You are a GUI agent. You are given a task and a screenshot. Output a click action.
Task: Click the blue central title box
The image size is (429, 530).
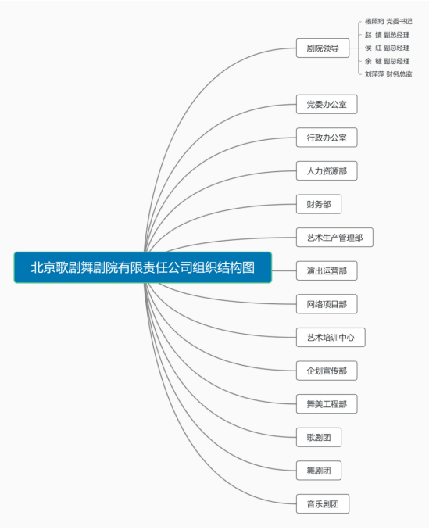coord(142,267)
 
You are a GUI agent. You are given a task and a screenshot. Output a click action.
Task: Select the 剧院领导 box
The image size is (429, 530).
coord(323,48)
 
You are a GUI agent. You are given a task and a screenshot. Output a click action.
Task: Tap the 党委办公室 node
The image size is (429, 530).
coord(327,104)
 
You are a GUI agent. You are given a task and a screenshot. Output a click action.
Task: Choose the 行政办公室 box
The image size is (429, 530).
coord(327,138)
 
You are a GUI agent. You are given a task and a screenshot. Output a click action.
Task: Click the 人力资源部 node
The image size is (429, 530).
coord(327,170)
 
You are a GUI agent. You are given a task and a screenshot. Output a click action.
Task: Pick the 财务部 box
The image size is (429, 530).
coord(319,204)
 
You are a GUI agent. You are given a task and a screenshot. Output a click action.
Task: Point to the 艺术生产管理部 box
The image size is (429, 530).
coord(334,238)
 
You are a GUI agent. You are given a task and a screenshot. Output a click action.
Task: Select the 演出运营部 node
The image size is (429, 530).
coord(327,270)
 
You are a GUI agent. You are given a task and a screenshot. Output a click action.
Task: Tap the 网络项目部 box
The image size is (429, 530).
coord(327,304)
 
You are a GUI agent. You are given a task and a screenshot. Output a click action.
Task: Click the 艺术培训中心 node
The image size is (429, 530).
coord(331,338)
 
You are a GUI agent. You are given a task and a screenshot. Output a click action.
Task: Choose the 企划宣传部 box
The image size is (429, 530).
coord(327,371)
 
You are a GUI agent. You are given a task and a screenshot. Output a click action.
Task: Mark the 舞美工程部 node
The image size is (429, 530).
coord(327,403)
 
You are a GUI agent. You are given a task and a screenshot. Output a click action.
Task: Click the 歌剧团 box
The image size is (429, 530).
coord(319,437)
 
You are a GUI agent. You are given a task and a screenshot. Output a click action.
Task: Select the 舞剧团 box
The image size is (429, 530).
coord(319,470)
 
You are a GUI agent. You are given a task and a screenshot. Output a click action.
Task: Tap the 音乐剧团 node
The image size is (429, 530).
coord(323,503)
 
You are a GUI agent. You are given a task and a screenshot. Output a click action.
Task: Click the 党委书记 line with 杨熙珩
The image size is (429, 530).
coord(388,22)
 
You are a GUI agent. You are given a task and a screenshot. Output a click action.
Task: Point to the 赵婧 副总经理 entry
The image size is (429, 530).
coord(387,35)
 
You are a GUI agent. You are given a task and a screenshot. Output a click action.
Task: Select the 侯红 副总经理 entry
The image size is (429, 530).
coord(387,48)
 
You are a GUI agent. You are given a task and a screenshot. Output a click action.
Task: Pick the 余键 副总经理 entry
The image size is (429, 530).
coord(387,61)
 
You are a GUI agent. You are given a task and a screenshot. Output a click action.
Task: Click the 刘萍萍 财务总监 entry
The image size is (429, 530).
coord(388,74)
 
